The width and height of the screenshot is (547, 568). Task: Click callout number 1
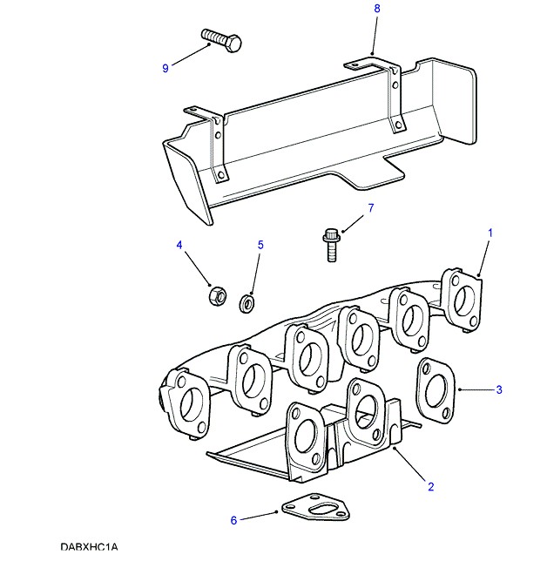[490, 233]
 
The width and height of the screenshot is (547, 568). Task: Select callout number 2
[430, 487]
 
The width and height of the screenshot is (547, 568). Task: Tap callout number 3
[499, 390]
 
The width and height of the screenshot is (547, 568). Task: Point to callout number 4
[180, 246]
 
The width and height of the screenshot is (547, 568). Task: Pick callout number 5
[260, 246]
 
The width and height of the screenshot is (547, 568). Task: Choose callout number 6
[233, 521]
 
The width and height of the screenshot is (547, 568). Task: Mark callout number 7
[369, 208]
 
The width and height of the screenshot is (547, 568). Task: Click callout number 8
[377, 9]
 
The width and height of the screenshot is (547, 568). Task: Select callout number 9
[165, 69]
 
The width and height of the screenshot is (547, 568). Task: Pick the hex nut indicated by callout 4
[215, 295]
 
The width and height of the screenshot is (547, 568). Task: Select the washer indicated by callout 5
[246, 301]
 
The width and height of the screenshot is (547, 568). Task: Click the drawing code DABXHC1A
[89, 548]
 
